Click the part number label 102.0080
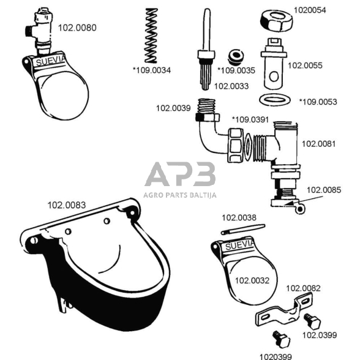[77, 28]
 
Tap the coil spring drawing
[151, 36]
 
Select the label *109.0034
[152, 70]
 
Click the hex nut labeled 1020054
[277, 20]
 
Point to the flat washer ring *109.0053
[275, 100]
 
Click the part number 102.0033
[231, 86]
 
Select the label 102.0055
[305, 66]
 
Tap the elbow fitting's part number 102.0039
[173, 108]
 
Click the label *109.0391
[250, 119]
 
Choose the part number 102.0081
[318, 144]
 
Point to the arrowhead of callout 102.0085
[288, 203]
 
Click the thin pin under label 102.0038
[243, 230]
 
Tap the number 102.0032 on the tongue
[252, 280]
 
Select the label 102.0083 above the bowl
[67, 205]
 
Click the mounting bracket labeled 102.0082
[285, 310]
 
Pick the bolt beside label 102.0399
[312, 321]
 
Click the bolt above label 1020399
[282, 339]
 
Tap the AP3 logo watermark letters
[180, 174]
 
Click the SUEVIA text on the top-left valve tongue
[51, 61]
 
